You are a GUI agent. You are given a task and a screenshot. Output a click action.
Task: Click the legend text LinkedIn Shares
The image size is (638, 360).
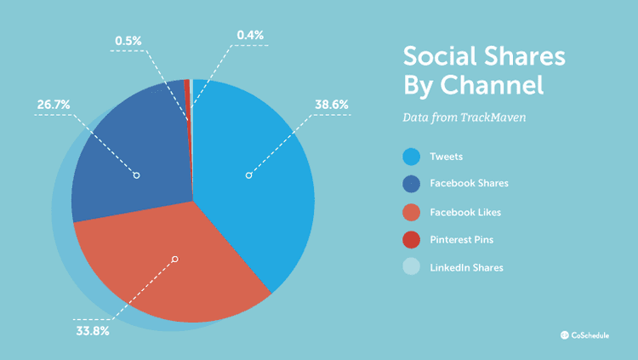tap(468, 267)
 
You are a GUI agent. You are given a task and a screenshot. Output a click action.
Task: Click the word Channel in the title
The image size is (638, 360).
tap(493, 86)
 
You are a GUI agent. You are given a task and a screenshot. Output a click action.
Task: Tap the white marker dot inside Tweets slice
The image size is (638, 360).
tap(248, 175)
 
